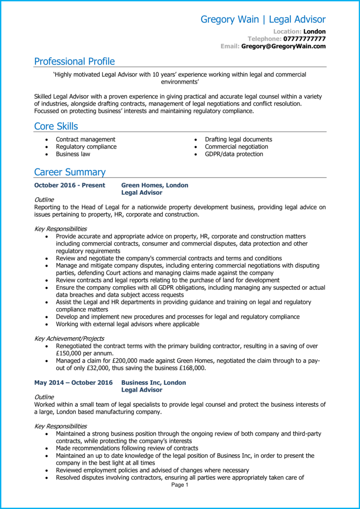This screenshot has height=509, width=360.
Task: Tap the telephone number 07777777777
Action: coord(304,39)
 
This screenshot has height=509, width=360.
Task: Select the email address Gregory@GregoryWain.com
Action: coord(283,47)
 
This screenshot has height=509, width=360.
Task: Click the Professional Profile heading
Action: coord(74,61)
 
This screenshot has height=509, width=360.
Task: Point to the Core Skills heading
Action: coord(56,126)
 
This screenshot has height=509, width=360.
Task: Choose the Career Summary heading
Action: coord(70,172)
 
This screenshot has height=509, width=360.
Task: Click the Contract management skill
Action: coord(85,140)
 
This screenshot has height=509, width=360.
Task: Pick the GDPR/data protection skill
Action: coord(234,154)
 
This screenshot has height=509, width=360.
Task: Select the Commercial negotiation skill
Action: coord(236,147)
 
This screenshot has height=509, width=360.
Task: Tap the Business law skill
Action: coord(73,154)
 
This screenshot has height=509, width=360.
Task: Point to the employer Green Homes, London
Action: coord(155,185)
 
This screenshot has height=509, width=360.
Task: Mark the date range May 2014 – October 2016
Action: coord(73,383)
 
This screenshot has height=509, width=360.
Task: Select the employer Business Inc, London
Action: coord(154,383)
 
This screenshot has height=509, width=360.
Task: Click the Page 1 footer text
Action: coord(180,485)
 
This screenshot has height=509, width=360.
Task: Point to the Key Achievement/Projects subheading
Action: coord(69,339)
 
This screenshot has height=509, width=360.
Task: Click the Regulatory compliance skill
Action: coord(86,147)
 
